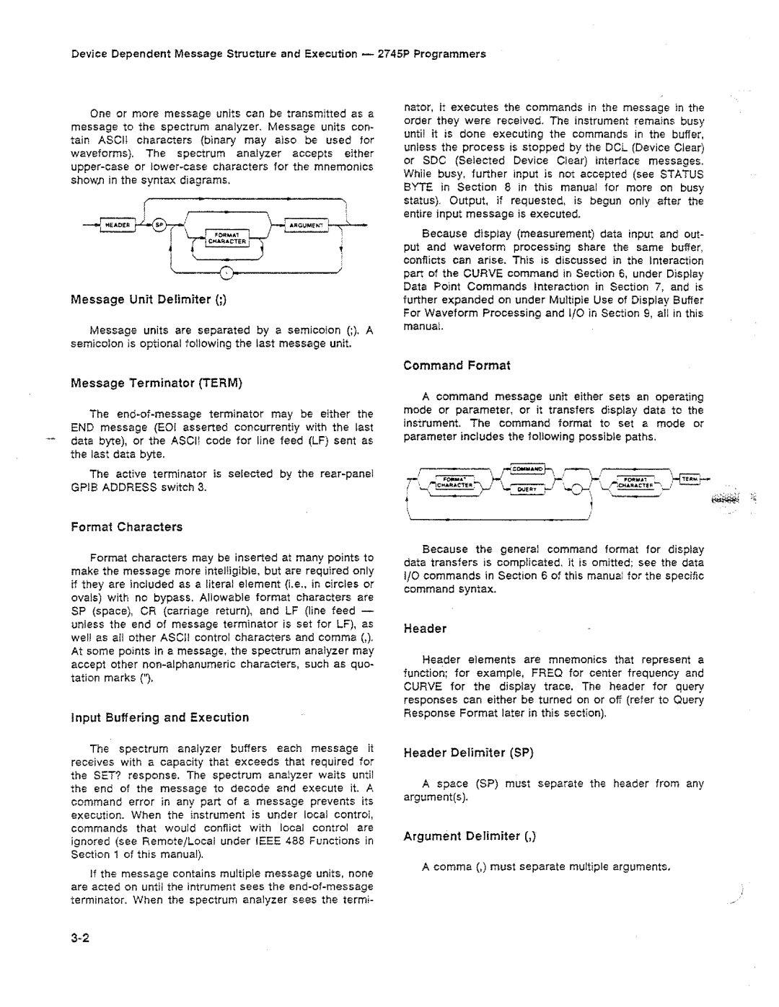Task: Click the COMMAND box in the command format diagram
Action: point(528,470)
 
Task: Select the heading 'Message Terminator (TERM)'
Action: point(155,383)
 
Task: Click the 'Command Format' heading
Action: point(457,365)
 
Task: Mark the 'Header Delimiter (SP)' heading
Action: point(468,753)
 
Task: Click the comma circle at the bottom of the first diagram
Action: point(226,272)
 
